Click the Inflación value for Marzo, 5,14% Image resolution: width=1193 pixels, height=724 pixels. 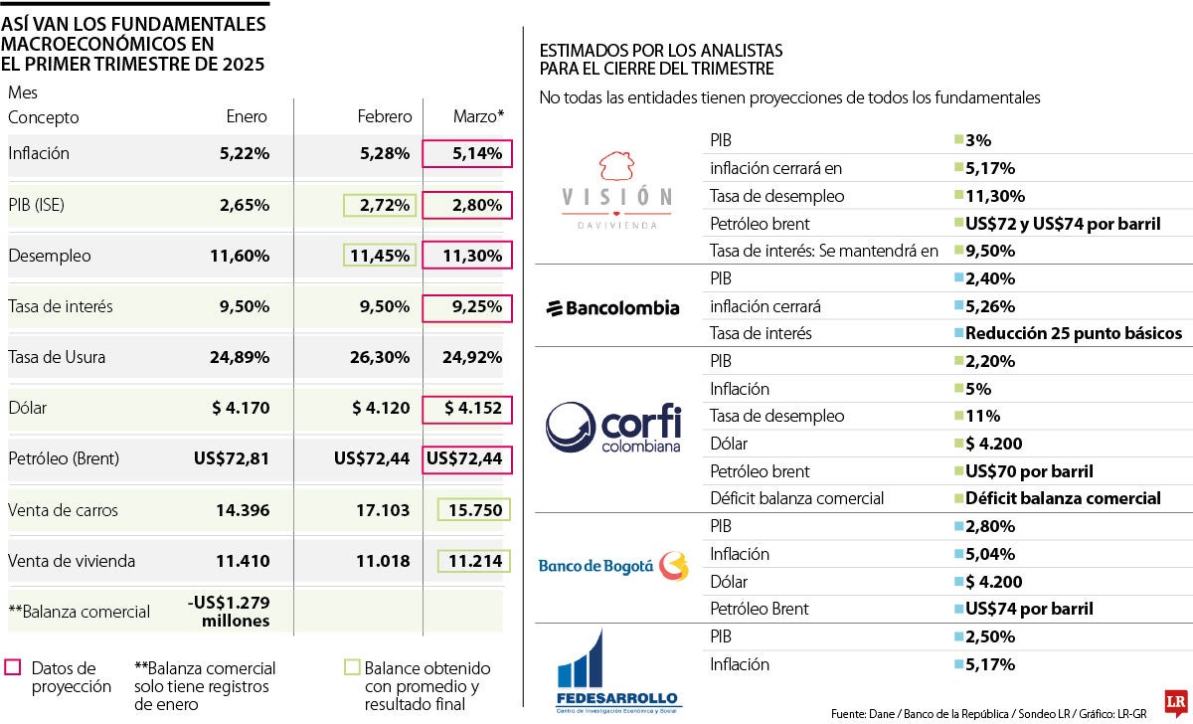(467, 154)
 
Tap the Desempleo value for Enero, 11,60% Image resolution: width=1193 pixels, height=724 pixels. (240, 256)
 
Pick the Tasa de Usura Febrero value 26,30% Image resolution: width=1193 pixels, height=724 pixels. (382, 357)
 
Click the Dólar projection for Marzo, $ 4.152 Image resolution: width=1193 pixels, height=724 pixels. (467, 409)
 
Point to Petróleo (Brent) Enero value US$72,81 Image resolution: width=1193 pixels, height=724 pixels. (232, 459)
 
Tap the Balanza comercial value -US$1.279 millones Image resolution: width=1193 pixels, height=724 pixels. (228, 611)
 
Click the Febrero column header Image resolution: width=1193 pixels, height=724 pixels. (385, 116)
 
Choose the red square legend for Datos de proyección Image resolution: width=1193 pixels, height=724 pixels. (13, 667)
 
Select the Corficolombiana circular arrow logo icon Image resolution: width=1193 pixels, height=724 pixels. (570, 428)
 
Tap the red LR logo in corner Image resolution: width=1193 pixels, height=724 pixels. (1175, 700)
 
